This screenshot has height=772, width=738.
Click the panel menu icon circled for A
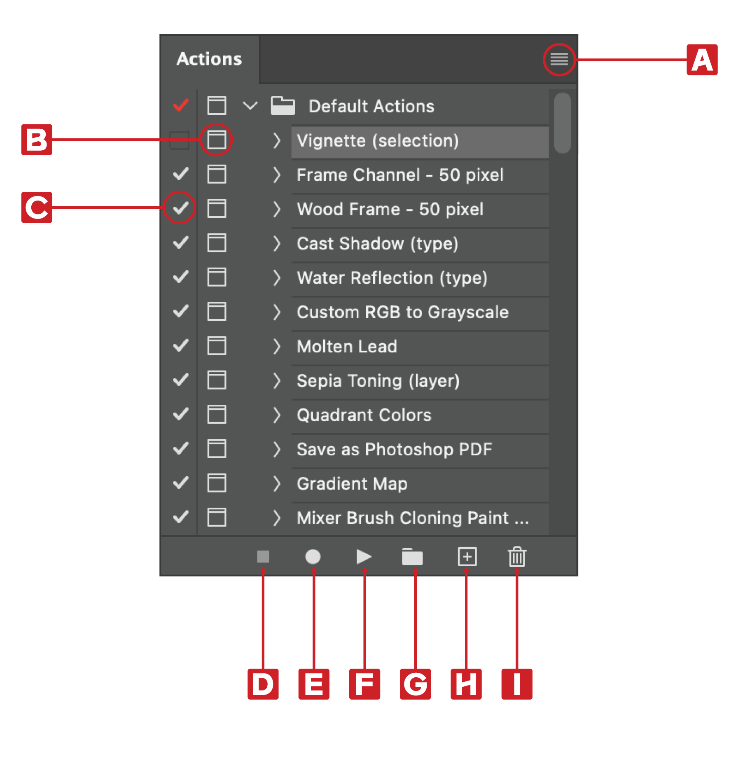pos(559,59)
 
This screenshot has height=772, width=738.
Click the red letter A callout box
pos(702,60)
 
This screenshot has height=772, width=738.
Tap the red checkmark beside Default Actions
pos(180,105)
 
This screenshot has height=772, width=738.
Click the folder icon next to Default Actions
pos(283,105)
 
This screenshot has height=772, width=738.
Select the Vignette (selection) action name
pos(377,141)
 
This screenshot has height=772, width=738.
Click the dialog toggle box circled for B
pos(217,140)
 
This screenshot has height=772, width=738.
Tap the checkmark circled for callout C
pos(180,208)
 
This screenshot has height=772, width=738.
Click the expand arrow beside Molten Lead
pos(277,346)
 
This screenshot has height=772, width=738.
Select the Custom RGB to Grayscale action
pos(402,312)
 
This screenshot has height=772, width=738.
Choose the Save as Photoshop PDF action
pos(394,449)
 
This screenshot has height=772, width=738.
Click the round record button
pos(313,557)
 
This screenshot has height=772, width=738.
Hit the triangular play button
pos(364,557)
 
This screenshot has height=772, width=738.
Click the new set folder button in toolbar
pos(412,557)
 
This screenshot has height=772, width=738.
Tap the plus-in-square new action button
pos(467,557)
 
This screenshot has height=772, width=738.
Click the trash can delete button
pos(517,557)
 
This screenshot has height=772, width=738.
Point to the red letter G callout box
pos(415,684)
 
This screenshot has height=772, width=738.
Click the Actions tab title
pos(209,59)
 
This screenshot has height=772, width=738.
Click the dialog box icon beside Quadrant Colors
pos(217,414)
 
